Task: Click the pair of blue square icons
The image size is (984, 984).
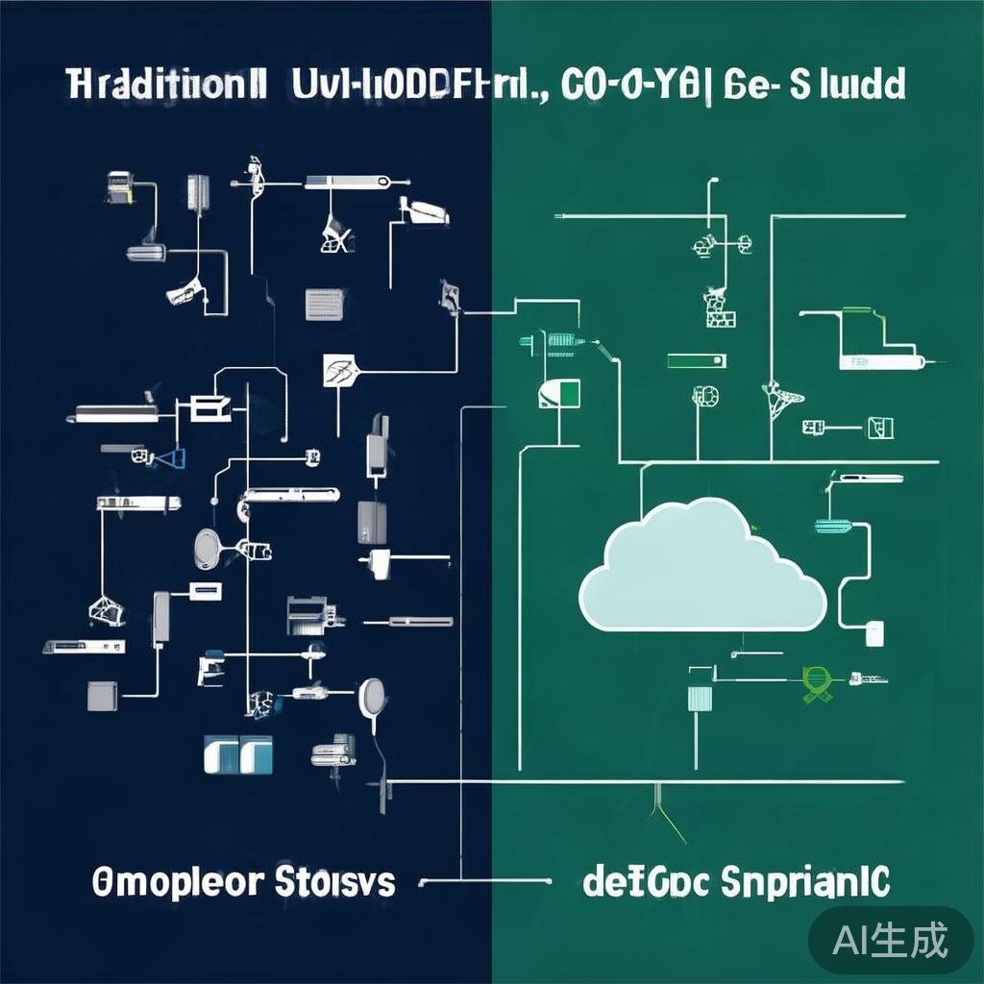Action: [238, 754]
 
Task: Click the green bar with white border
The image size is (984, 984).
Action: [693, 360]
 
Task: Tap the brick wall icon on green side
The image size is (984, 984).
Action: [718, 307]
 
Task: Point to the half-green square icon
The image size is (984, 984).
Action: [561, 393]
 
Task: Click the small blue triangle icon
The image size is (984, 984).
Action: [174, 458]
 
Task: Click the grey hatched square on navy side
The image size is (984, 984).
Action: [320, 304]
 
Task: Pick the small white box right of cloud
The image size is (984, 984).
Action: [874, 632]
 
